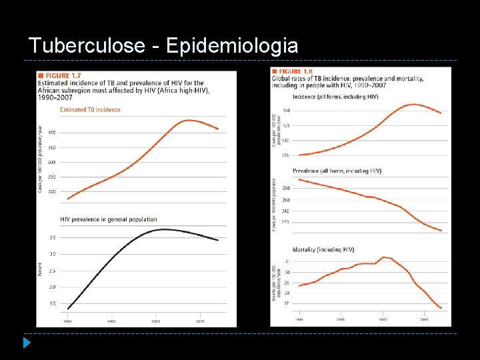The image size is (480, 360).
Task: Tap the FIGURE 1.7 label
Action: point(63,76)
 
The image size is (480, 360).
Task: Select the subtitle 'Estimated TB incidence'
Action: point(90,110)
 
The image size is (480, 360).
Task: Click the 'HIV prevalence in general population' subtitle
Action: point(109,219)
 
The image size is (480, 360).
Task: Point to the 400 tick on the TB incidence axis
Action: point(51,133)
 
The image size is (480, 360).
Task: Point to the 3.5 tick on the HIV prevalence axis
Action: point(52,237)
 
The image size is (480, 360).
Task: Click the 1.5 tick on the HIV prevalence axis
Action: point(52,303)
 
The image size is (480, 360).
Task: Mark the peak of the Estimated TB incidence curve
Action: point(190,120)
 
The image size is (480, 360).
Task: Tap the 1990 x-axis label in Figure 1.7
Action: point(67,321)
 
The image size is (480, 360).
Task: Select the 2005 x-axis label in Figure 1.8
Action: point(423,320)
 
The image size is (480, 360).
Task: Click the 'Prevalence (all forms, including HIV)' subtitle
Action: point(337,171)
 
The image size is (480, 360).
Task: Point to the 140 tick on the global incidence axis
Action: point(286,110)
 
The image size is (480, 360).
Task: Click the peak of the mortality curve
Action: point(384,257)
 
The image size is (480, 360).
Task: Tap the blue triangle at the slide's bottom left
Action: point(26,344)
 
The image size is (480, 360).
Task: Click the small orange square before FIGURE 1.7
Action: point(42,76)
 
